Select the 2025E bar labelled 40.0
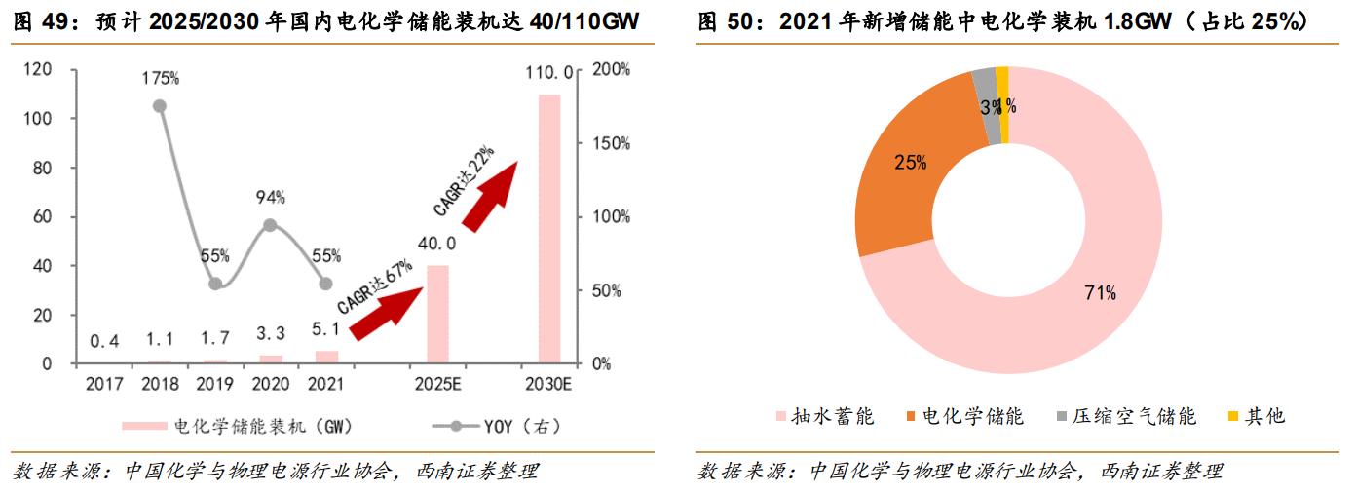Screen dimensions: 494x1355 coord(438,314)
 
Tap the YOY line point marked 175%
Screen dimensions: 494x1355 coord(160,106)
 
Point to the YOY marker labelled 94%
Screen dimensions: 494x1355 coord(270,225)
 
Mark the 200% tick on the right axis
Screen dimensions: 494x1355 coord(612,69)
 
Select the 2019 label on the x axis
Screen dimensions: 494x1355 coord(214,384)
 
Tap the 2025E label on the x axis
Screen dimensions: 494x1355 coord(437,384)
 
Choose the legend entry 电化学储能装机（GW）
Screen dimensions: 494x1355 coord(244,426)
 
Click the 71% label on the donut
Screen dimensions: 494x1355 coord(1100,292)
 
